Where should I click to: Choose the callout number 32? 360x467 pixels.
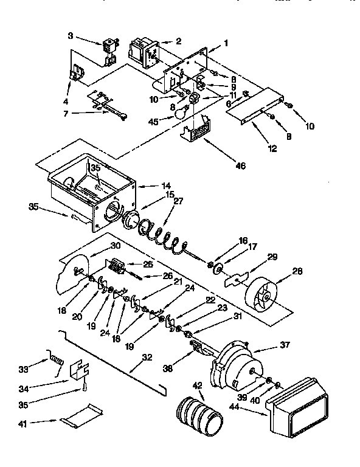147,358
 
